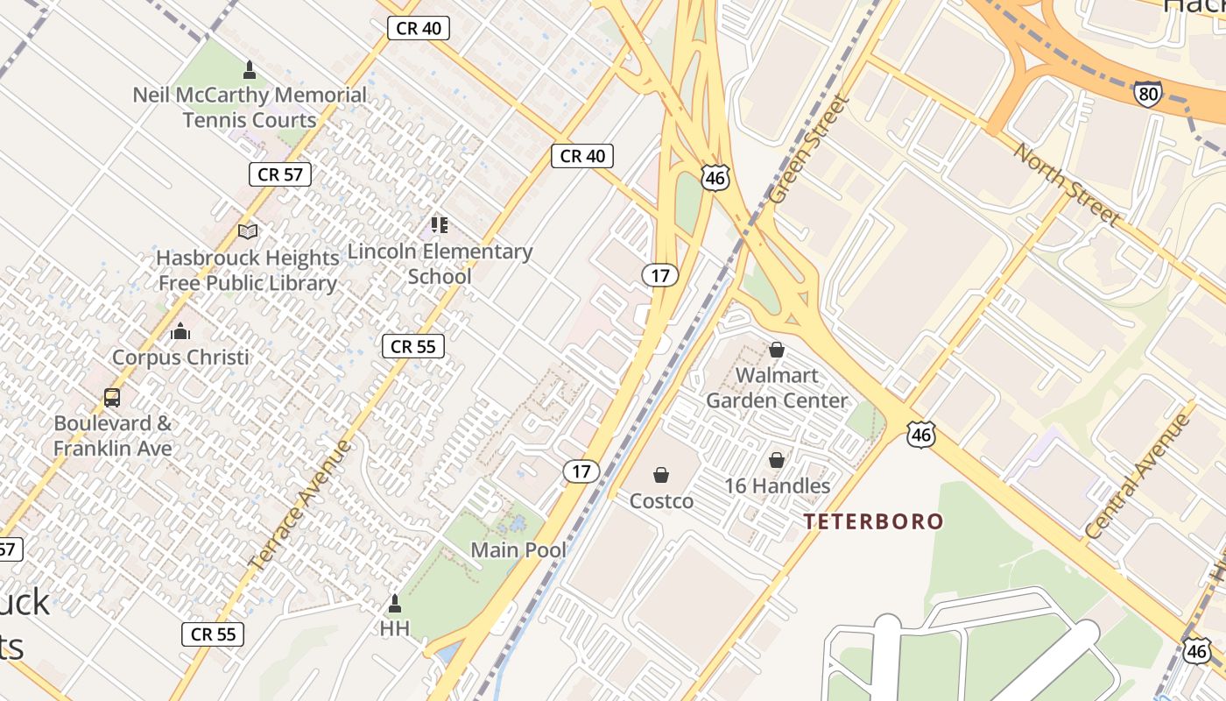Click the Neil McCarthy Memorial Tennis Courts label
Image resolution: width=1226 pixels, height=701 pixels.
pos(250,107)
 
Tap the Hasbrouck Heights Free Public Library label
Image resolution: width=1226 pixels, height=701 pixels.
pos(248,270)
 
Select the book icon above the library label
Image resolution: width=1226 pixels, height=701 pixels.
pos(249,231)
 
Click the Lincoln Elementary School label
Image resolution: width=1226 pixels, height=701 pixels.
pos(440,263)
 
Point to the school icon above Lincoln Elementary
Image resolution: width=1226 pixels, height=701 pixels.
pos(440,225)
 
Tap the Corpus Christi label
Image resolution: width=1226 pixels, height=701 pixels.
pos(180,358)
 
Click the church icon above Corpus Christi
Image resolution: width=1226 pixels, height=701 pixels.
pos(180,331)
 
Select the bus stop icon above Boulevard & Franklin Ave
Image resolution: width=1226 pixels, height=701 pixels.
pos(112,397)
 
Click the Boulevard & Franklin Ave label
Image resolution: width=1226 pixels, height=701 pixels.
pos(113,435)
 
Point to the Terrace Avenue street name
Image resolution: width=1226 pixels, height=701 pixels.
pos(299,505)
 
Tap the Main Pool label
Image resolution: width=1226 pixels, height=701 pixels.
pos(518,550)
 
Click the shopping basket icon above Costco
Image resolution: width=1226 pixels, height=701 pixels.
pos(661,475)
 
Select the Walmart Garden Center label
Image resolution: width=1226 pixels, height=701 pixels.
pos(777,388)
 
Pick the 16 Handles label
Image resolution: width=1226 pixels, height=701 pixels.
pos(777,485)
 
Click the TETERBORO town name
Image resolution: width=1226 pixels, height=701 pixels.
pos(874,522)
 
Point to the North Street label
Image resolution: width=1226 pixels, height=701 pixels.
pos(1067,181)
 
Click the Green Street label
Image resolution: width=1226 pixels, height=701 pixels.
pos(810,149)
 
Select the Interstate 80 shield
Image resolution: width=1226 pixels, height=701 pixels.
pos(1146,95)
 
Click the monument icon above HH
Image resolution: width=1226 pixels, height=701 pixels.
pos(395,604)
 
